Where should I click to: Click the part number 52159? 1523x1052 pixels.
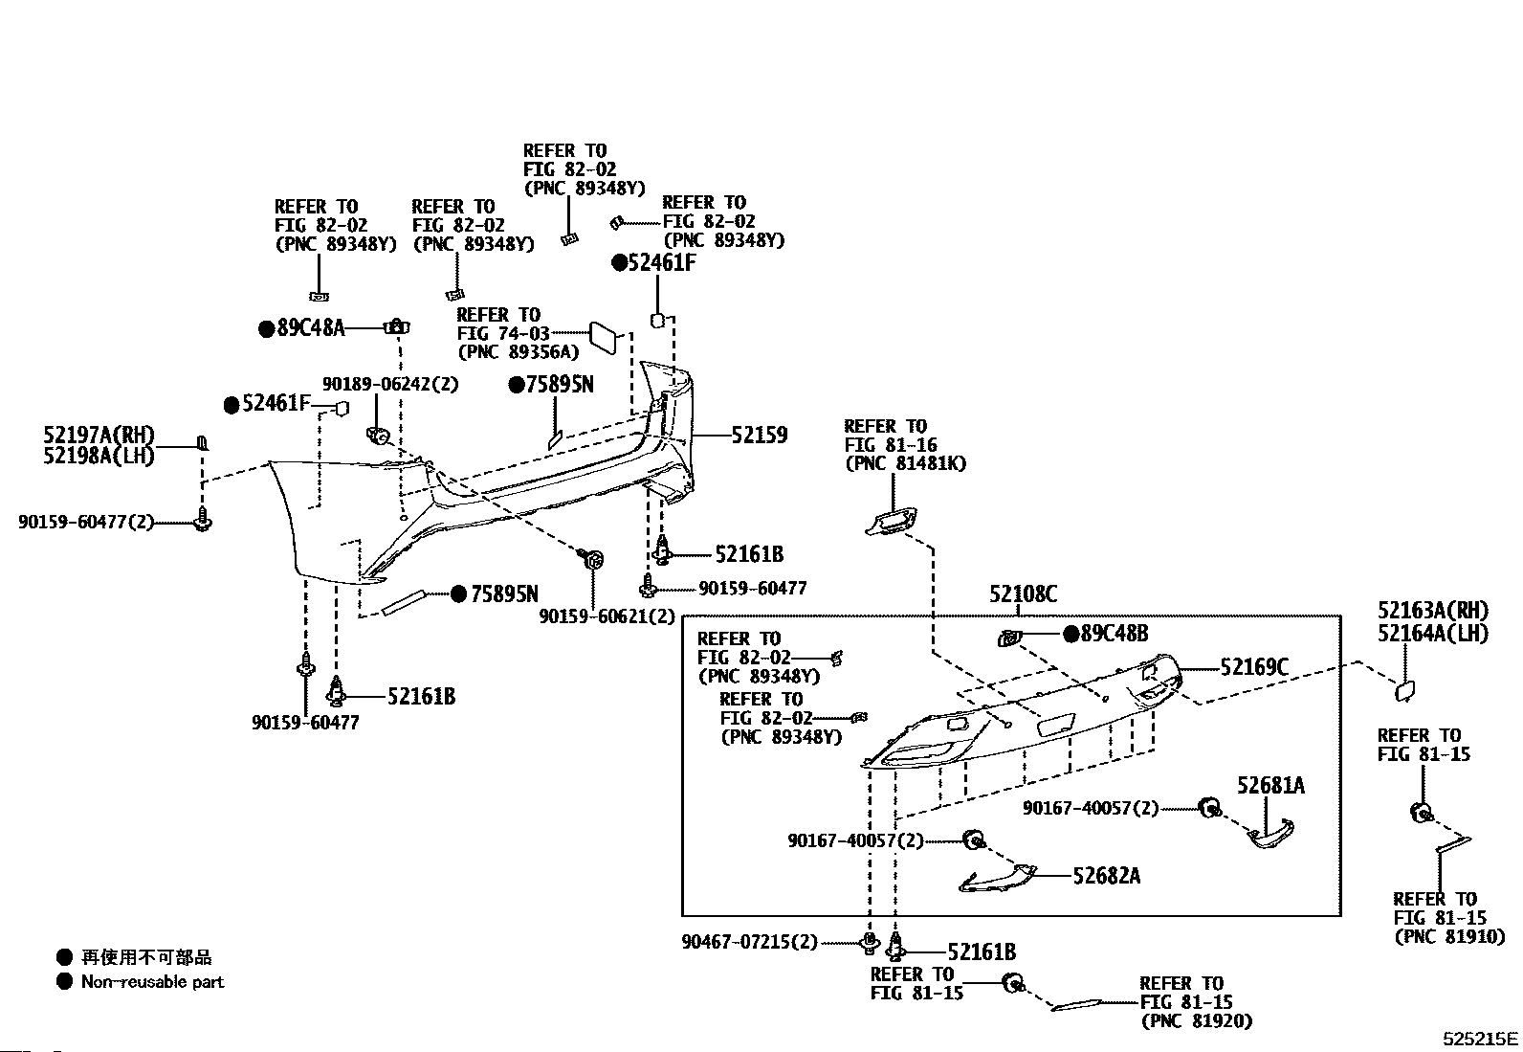click(760, 435)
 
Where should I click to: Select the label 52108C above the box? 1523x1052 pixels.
click(1024, 594)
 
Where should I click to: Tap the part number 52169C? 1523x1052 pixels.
click(1254, 667)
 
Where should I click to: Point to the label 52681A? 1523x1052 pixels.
click(1270, 786)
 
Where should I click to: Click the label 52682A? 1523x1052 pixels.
click(1106, 876)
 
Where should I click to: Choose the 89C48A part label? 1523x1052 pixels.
click(311, 328)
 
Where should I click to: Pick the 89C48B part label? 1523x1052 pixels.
click(1115, 635)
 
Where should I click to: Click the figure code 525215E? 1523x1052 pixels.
click(1480, 1039)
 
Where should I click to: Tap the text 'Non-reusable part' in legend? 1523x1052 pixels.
click(152, 982)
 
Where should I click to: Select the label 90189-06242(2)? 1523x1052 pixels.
click(390, 385)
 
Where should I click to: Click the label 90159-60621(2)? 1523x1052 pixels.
click(607, 616)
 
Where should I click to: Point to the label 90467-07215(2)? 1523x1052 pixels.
click(749, 943)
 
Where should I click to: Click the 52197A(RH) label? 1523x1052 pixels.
click(99, 435)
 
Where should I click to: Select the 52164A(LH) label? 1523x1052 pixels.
click(1433, 634)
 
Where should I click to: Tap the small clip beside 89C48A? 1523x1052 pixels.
click(396, 327)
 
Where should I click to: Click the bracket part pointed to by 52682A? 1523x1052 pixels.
click(998, 878)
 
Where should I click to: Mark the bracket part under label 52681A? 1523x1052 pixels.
click(1270, 835)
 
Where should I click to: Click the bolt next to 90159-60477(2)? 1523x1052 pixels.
click(203, 519)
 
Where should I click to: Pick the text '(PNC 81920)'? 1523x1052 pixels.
click(1197, 1021)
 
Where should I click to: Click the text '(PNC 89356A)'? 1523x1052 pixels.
click(519, 352)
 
